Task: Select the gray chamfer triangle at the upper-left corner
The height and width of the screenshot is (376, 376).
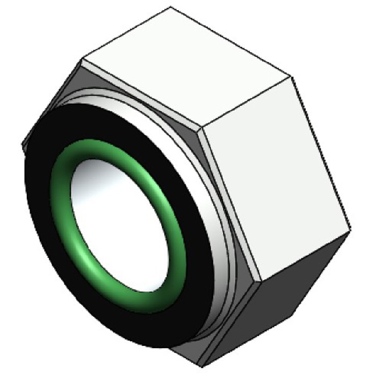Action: [x=81, y=81]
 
